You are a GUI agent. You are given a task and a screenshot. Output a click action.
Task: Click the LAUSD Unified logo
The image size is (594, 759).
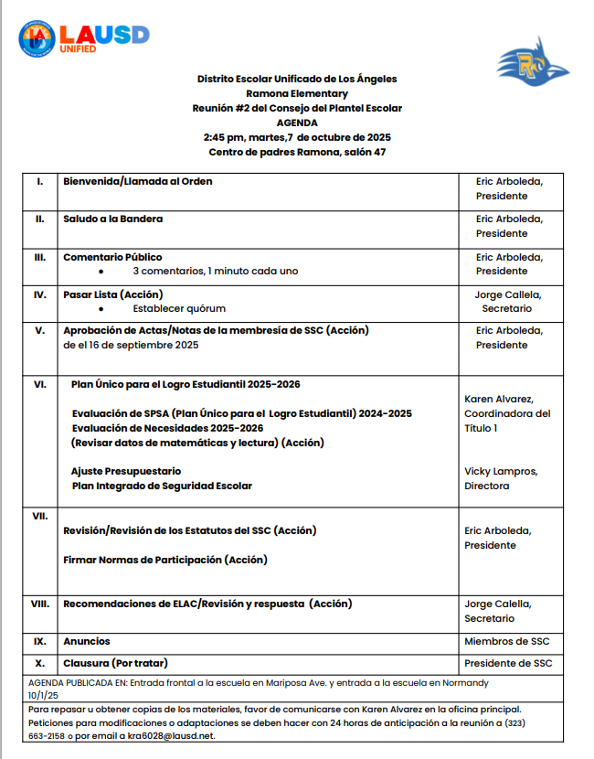pyautogui.click(x=84, y=37)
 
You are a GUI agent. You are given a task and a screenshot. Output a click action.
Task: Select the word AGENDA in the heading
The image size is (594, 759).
pyautogui.click(x=297, y=123)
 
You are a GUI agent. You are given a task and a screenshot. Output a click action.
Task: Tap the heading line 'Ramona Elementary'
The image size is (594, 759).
pyautogui.click(x=297, y=93)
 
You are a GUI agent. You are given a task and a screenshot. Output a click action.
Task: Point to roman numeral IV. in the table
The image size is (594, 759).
pyautogui.click(x=40, y=294)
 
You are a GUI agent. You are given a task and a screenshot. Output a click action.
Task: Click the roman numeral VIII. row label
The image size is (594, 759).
pyautogui.click(x=40, y=604)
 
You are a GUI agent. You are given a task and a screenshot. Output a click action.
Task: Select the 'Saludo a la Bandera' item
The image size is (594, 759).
pyautogui.click(x=113, y=219)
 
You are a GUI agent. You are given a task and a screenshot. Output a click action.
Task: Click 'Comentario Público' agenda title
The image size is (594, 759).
pyautogui.click(x=112, y=257)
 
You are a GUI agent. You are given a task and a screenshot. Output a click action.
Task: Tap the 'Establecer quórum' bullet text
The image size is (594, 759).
pyautogui.click(x=179, y=308)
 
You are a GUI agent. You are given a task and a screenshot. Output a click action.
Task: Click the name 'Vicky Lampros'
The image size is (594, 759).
pyautogui.click(x=501, y=471)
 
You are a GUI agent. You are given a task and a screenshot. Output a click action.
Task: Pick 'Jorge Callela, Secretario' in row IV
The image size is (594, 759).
pyautogui.click(x=507, y=301)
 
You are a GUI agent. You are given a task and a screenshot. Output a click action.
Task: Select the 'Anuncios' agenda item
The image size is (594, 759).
pyautogui.click(x=87, y=641)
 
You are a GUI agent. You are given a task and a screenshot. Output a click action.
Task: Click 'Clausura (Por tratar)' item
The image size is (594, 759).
pyautogui.click(x=115, y=663)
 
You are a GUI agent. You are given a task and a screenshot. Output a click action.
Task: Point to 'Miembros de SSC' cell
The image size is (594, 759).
pyautogui.click(x=507, y=641)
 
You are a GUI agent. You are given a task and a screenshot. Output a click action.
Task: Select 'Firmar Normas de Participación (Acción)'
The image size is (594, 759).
pyautogui.click(x=165, y=559)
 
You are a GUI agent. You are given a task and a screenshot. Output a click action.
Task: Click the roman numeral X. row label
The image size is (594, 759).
pyautogui.click(x=40, y=663)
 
